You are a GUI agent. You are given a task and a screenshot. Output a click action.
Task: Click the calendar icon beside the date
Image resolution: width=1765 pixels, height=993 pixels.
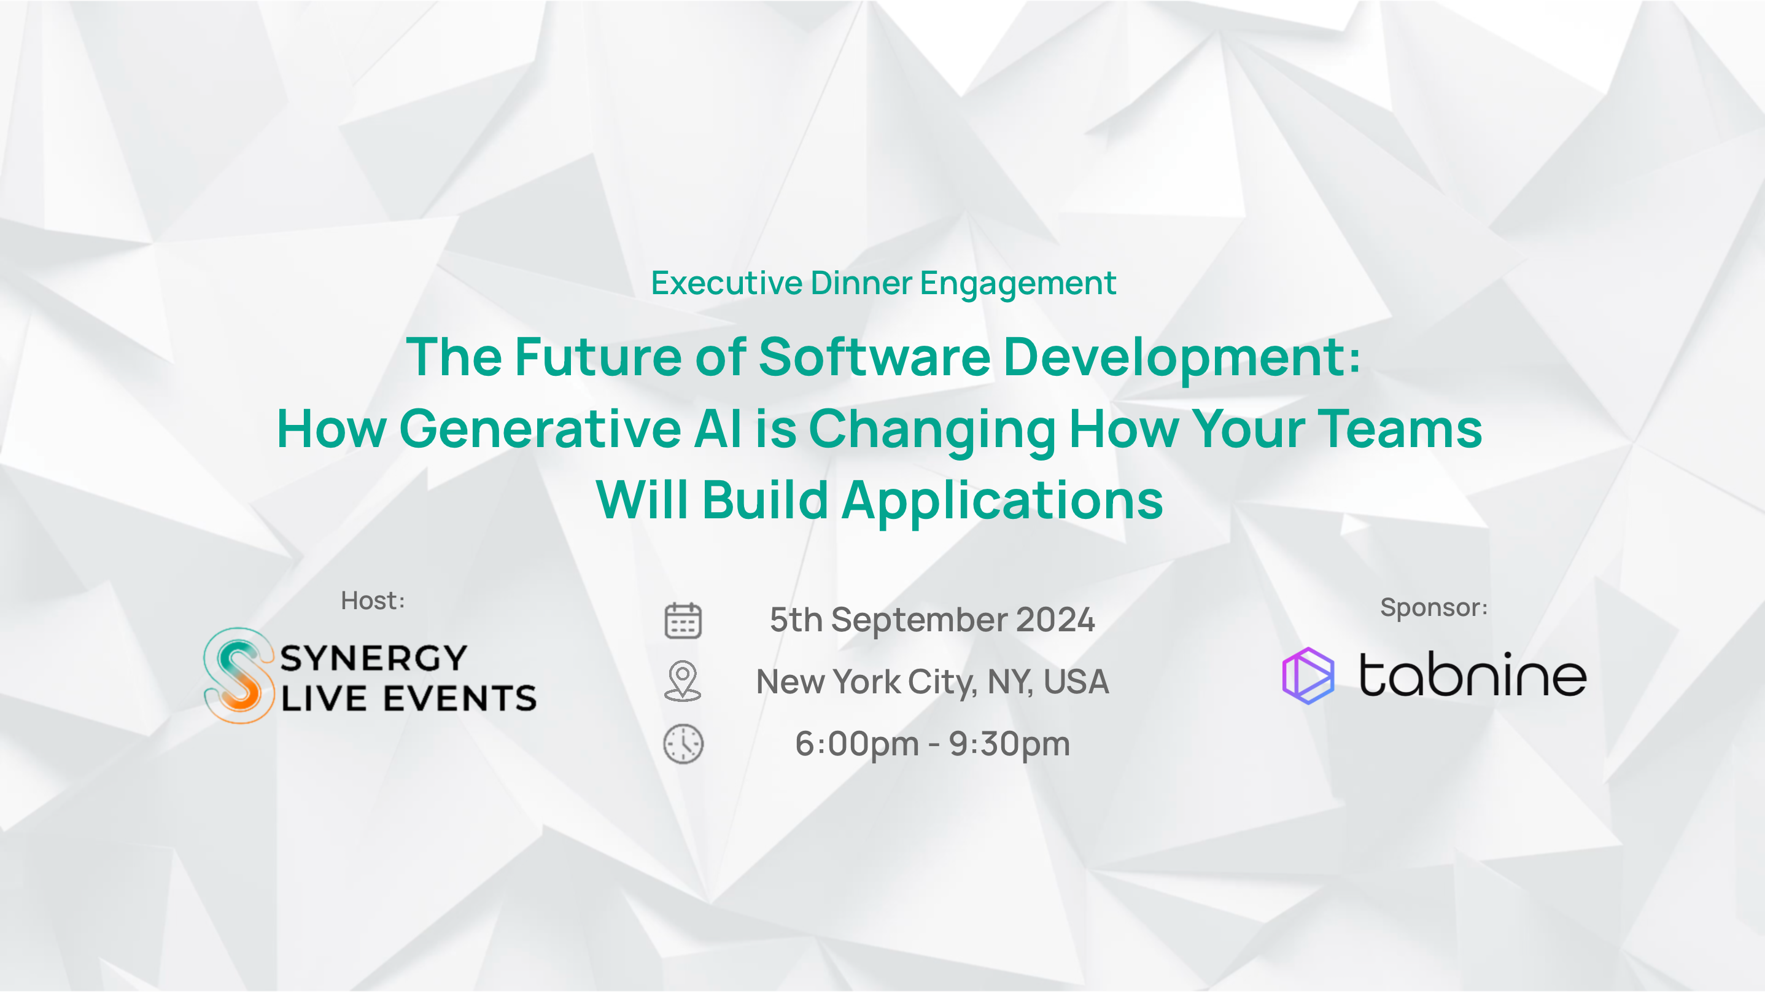683,620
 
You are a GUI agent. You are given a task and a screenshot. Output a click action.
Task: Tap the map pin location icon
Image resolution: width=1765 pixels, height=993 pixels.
683,680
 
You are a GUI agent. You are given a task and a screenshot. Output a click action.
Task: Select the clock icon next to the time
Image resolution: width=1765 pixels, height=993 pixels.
683,744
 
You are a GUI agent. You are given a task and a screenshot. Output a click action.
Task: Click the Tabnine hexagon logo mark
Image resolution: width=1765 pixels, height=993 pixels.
1308,676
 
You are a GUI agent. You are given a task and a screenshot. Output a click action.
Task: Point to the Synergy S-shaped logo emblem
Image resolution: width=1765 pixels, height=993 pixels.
238,675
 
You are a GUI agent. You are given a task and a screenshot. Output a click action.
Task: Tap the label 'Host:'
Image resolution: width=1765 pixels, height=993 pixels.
373,601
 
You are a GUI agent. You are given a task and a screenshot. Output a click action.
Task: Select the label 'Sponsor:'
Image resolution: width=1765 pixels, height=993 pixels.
1433,607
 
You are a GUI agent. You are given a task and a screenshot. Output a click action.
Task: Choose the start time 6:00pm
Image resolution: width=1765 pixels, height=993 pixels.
856,744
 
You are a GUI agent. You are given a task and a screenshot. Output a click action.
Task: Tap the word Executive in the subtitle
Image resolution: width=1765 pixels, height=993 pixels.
726,283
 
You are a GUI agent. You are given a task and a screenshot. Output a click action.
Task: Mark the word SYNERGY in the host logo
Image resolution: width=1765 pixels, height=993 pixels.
373,658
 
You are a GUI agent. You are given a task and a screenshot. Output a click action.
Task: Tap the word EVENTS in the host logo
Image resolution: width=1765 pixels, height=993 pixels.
460,698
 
